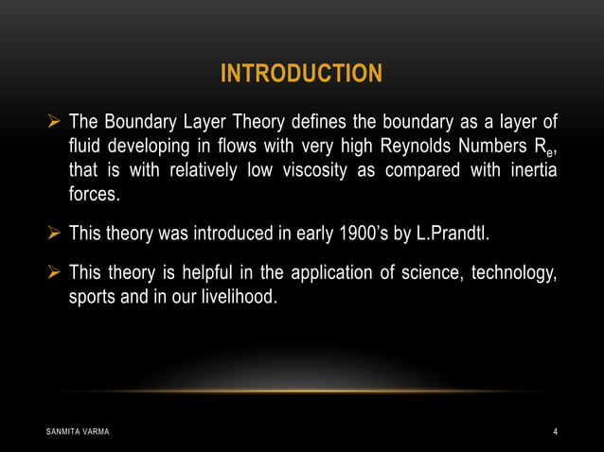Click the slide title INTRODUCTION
301,74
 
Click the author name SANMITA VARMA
78,432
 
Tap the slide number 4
556,432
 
